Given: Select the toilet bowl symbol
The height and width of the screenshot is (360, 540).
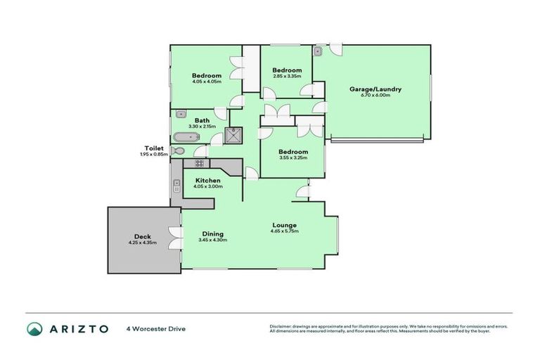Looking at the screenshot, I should [178, 150].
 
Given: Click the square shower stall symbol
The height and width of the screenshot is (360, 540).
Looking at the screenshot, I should [233, 134].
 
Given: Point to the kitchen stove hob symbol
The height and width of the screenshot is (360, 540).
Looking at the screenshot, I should [199, 164].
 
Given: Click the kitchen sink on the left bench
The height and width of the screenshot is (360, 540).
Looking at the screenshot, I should [175, 187].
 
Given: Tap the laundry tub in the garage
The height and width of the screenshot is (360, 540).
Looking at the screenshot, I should [318, 51].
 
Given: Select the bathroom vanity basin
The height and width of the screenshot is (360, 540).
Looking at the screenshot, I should [181, 112].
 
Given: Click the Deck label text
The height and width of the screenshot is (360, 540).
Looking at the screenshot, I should [142, 236].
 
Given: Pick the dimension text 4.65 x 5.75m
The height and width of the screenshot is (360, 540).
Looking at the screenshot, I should [285, 231].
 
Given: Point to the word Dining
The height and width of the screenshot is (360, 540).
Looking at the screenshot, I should [212, 234].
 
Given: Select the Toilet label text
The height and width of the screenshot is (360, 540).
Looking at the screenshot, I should [154, 148].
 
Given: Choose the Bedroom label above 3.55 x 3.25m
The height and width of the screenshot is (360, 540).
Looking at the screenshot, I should [292, 152].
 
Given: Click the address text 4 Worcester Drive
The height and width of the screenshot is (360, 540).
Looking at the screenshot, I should [155, 328].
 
